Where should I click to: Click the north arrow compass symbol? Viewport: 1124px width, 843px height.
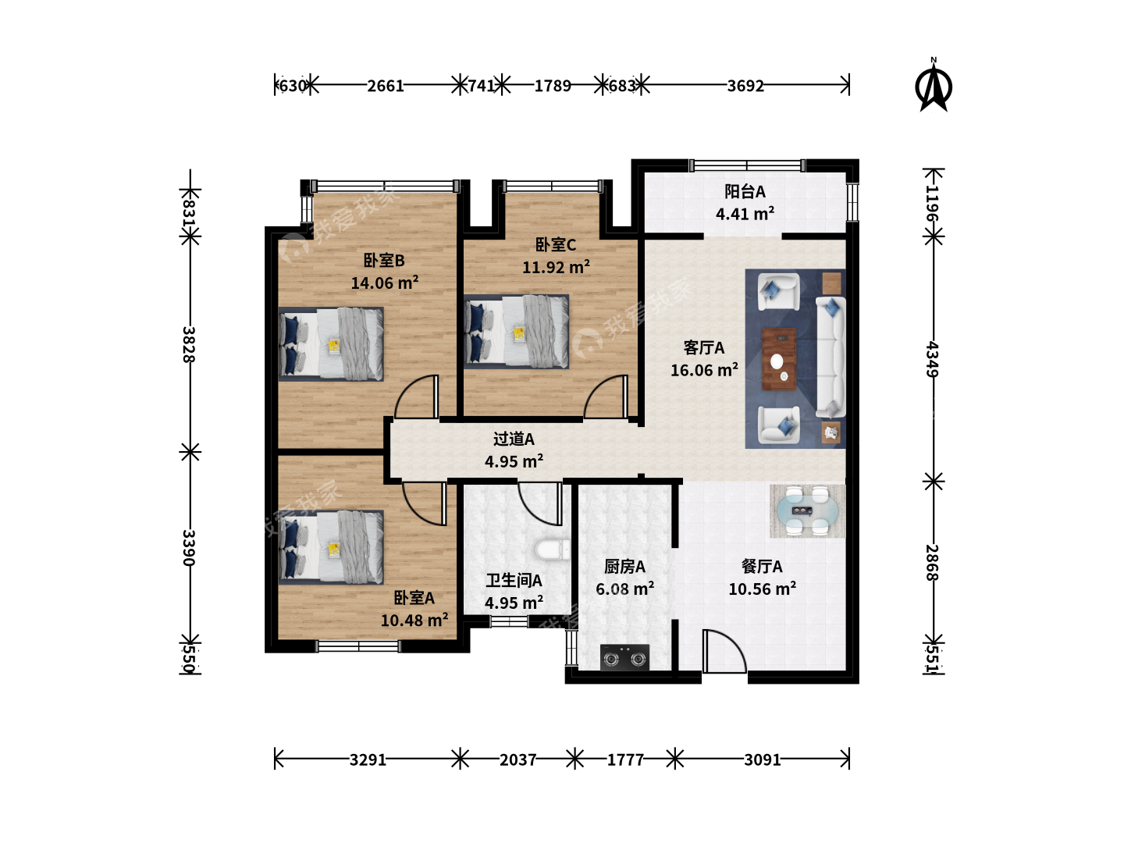point(933,87)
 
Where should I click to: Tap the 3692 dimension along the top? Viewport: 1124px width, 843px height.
point(745,86)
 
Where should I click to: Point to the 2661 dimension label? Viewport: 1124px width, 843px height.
point(385,86)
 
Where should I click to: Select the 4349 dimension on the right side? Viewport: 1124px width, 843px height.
point(933,359)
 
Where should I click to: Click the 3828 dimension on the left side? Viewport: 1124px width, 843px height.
point(189,344)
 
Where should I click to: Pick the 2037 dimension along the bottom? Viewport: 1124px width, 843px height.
point(518,759)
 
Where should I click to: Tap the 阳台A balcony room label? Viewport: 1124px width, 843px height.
point(745,191)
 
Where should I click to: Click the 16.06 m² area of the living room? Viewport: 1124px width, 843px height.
point(704,369)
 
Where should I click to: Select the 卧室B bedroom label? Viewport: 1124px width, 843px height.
point(384,261)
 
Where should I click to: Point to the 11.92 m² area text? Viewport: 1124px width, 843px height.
point(556,267)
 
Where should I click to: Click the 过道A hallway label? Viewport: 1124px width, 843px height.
point(514,439)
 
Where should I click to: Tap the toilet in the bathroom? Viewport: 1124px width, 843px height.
point(552,550)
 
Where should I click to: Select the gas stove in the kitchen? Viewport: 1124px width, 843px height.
point(624,657)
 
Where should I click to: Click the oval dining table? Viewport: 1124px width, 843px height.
point(808,510)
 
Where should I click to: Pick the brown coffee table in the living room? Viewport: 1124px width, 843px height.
point(779,359)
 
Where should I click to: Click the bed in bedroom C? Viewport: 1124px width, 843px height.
point(516,331)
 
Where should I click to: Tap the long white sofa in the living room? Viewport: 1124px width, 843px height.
point(830,357)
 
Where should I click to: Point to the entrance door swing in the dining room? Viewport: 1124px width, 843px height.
point(724,651)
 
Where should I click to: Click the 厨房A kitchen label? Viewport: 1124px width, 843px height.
point(624,566)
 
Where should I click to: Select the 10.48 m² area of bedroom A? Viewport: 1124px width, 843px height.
point(414,620)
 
